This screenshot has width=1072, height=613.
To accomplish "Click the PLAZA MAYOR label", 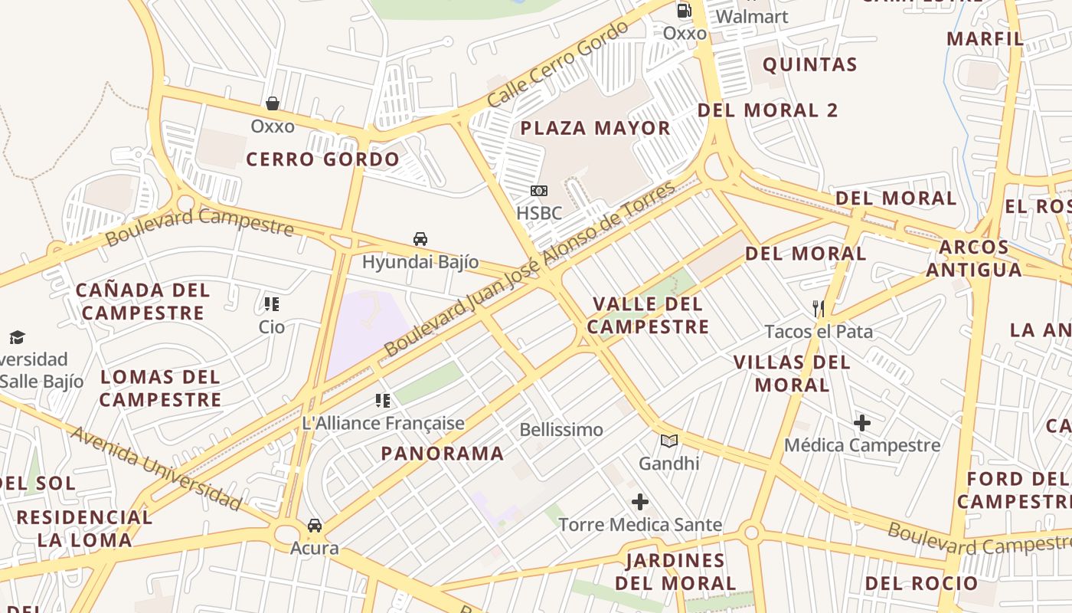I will point(595,128).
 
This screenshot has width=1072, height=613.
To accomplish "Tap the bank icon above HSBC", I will point(539,191).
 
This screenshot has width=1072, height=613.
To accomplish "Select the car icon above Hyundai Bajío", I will point(420,239).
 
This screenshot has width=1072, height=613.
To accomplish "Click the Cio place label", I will point(272,327).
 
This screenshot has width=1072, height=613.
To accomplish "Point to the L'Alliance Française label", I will point(384,423).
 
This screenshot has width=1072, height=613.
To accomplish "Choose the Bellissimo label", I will point(561,430).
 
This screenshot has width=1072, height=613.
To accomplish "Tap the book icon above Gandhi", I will point(669,441).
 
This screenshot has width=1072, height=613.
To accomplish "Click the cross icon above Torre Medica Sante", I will point(640,503).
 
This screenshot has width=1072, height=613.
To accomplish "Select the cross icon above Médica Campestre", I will point(862,423).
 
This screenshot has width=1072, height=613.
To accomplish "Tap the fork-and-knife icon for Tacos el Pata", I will point(819,309).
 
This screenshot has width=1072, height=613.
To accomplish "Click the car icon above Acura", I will point(315,526).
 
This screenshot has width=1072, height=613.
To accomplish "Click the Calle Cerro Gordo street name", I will point(557,64).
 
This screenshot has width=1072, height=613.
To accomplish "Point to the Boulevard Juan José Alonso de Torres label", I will point(530,268).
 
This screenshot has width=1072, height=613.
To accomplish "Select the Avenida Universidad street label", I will point(156,469).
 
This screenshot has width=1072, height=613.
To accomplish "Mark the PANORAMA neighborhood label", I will point(443,454).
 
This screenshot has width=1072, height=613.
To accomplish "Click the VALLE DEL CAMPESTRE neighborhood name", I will point(648,316).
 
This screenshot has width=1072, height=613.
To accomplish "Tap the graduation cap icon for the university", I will point(17,337).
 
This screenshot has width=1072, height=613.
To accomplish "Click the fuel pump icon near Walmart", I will point(684,11).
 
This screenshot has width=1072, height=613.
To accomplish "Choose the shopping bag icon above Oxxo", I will point(272,103).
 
